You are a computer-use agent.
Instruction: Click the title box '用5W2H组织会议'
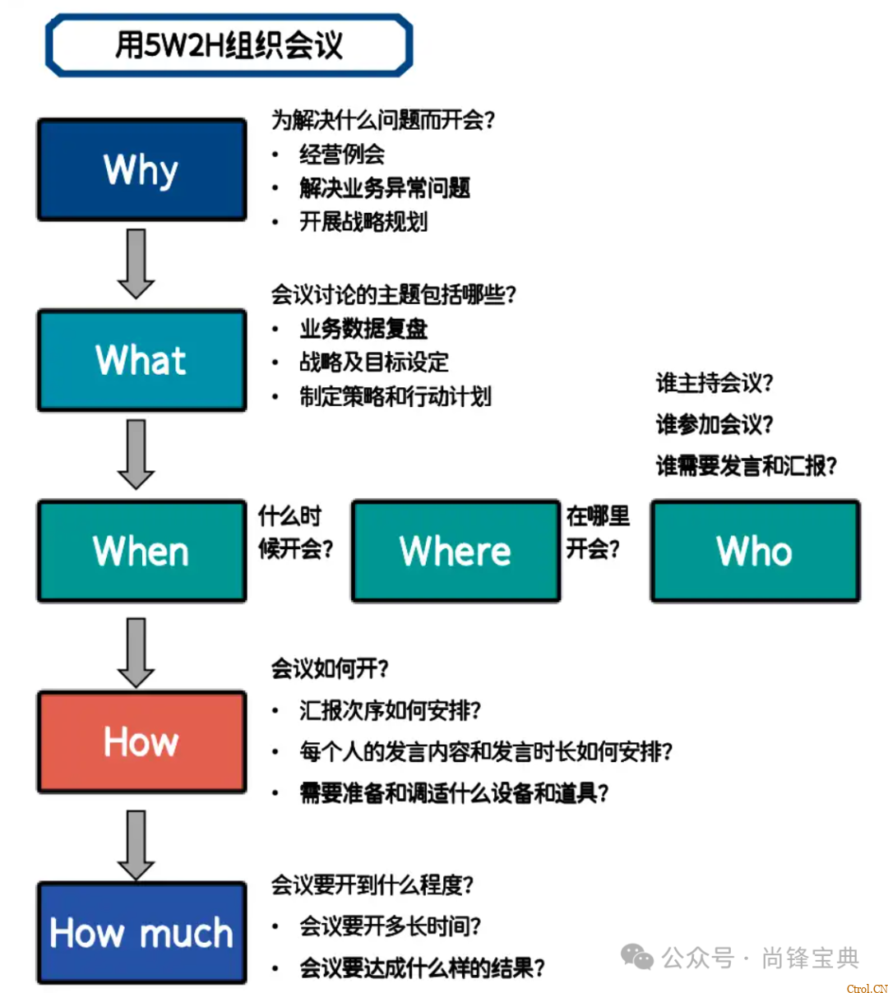coord(229,45)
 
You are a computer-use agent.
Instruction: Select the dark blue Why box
coord(141,170)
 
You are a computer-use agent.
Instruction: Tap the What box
coord(141,360)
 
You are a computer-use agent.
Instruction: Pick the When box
coord(141,551)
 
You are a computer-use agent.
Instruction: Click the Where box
coord(456,551)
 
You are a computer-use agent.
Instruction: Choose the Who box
coord(755,551)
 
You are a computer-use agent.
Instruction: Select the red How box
coord(141,741)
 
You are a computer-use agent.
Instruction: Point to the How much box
coord(141,933)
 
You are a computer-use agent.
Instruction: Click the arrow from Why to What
coord(136,263)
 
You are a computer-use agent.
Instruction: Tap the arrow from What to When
coord(136,454)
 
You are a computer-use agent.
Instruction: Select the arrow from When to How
coord(136,652)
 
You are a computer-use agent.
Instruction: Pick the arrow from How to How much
coord(136,844)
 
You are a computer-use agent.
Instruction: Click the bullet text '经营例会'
coord(342,155)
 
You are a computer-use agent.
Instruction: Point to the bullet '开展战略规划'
coord(363,222)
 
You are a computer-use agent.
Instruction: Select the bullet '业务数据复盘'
coord(363,329)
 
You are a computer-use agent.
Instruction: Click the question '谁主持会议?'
coord(715,383)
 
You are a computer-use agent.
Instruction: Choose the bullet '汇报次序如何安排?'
coord(391,710)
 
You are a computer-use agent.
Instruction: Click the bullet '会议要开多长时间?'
coord(391,926)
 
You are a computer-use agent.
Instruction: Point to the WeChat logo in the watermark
coord(637,957)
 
